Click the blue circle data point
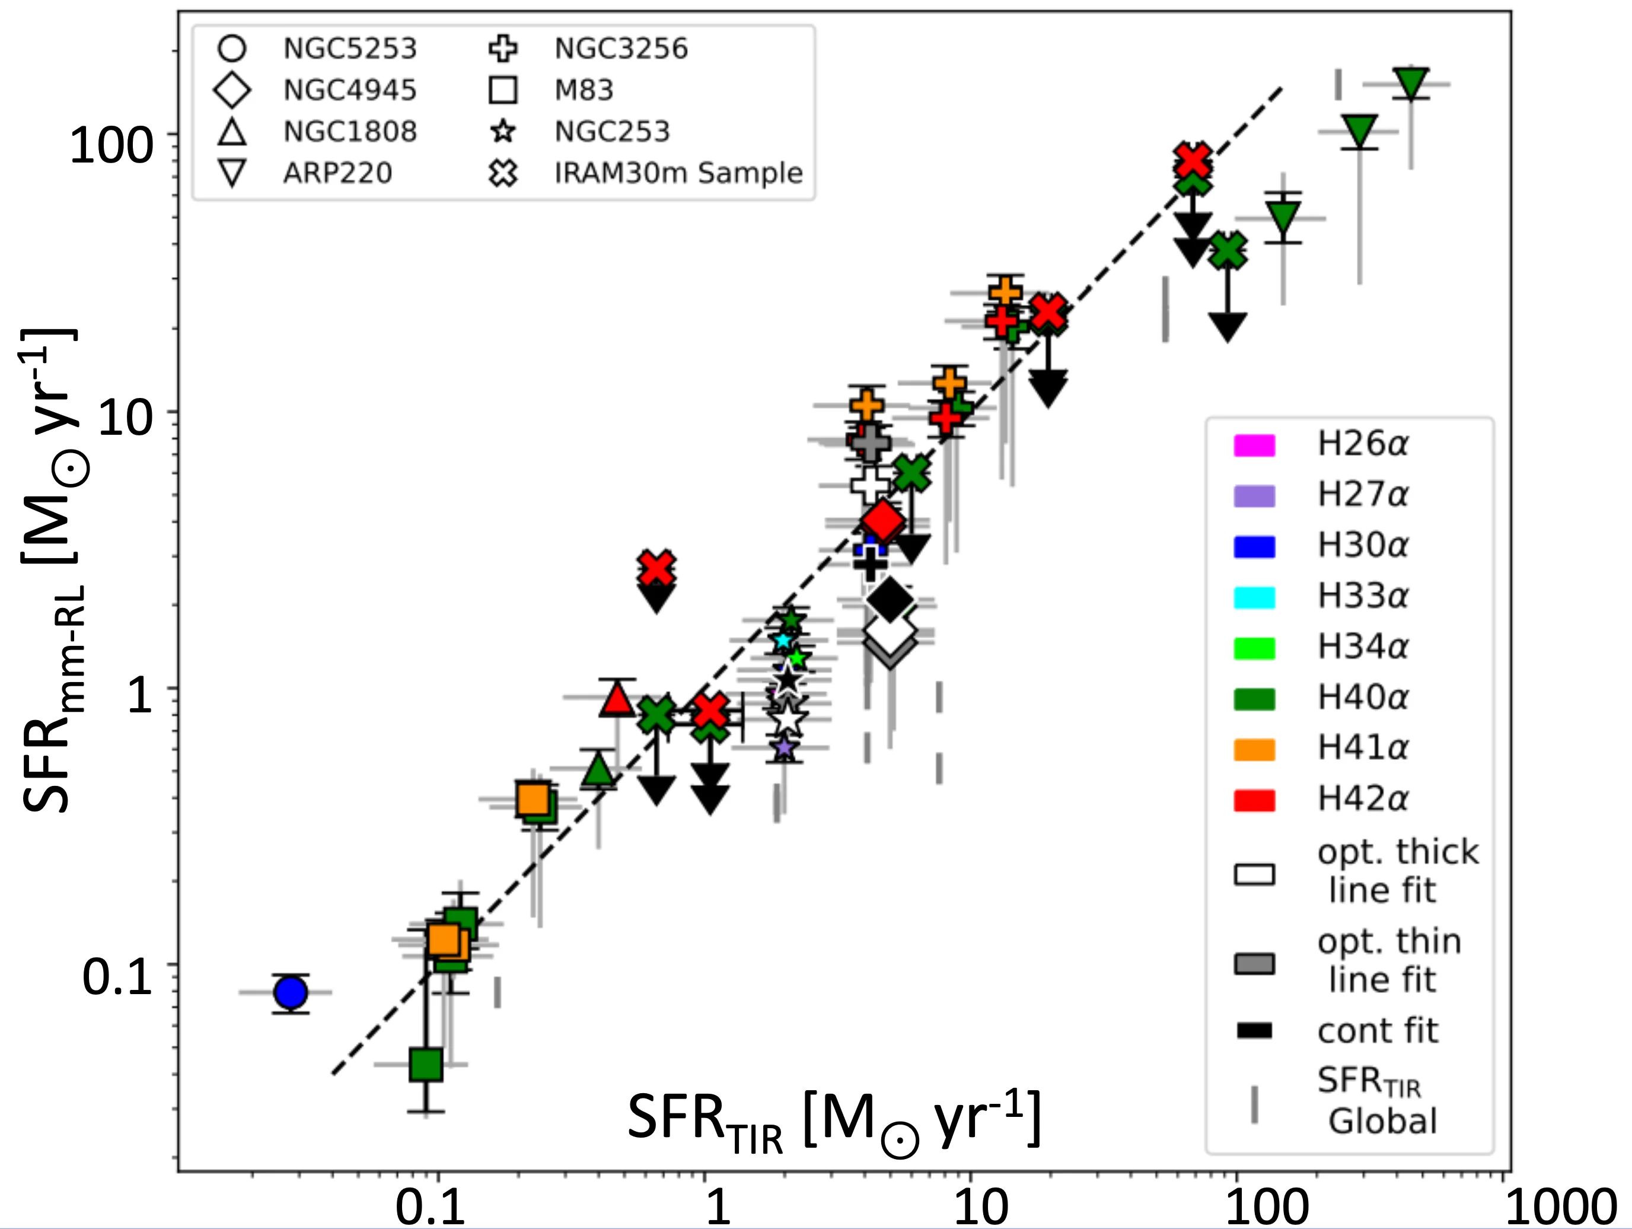click(291, 993)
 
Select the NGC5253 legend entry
click(350, 49)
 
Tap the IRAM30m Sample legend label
click(678, 173)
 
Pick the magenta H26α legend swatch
click(1254, 445)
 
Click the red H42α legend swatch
click(1254, 800)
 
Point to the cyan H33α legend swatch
click(1254, 597)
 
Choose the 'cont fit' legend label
click(1378, 1030)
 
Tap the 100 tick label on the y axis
click(111, 145)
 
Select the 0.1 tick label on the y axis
click(117, 978)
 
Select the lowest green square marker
click(426, 1064)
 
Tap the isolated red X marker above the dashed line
click(656, 568)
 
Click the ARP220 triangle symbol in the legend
click(232, 173)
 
